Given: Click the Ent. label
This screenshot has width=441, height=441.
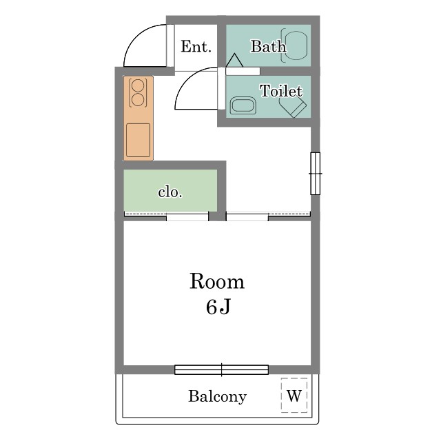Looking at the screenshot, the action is point(196,47).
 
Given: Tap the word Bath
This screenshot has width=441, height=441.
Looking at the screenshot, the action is point(268,46).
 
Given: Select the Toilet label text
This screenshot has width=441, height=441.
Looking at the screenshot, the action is point(281,91).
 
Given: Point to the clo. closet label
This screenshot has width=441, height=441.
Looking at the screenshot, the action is point(170,192).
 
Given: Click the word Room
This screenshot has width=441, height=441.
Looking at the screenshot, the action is point(217,281).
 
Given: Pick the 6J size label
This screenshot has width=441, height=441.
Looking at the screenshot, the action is point(218,307).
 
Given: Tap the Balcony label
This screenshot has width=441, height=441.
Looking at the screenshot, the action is point(217,397).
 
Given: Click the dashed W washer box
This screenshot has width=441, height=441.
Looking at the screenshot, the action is point(294,395).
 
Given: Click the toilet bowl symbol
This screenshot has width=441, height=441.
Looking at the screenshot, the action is point(293,107).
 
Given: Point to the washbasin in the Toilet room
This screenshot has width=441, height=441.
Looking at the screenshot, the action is point(243,105).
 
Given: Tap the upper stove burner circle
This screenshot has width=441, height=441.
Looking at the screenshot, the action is point(138,85).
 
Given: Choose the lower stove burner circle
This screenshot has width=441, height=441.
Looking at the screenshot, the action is point(138,99).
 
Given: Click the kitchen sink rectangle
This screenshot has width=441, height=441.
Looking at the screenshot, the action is point(138,140).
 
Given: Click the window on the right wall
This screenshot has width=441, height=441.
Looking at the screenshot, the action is point(316,174).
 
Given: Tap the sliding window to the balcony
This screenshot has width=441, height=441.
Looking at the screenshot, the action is point(222,369).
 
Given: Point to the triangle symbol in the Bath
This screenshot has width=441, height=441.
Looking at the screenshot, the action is point(234,60).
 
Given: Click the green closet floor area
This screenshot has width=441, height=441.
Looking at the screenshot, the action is point(170,190).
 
